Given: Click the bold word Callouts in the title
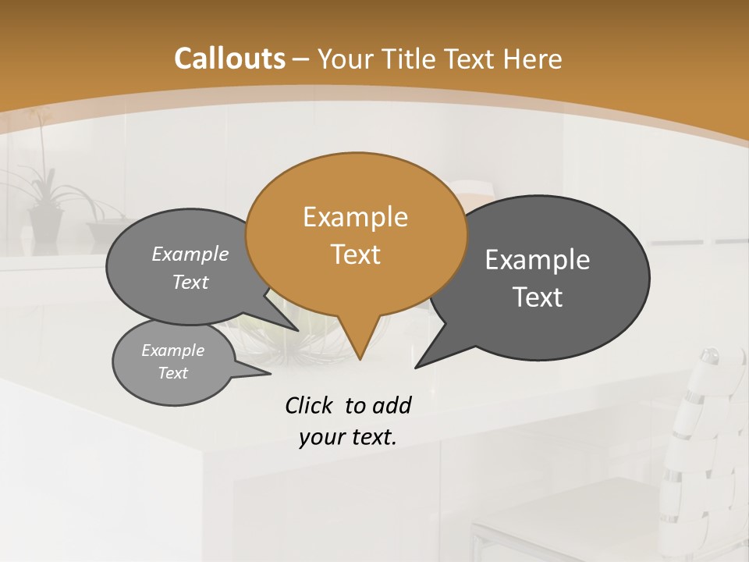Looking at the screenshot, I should tap(229, 59).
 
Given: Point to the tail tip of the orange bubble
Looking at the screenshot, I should tap(360, 358).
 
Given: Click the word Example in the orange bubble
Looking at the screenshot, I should tap(356, 217).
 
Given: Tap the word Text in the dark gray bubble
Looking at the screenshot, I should tap(538, 297).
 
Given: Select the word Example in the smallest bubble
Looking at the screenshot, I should tap(172, 350).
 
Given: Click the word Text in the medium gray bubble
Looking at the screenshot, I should tap(190, 283).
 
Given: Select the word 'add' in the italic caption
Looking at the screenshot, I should tap(392, 405).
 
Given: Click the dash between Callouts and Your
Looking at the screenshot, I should tap(302, 59).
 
